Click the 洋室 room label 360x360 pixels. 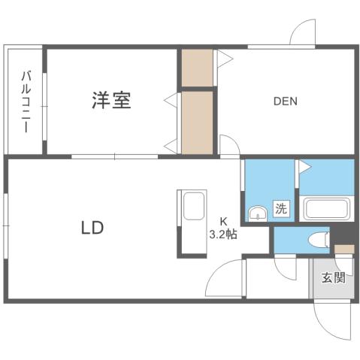112,101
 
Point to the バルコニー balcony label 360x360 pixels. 26,101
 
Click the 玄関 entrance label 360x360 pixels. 334,279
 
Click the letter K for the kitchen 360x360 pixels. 223,221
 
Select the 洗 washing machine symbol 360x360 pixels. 280,210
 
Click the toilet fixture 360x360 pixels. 319,241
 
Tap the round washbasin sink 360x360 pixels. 258,213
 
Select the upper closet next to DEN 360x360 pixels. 198,68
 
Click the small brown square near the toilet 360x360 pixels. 344,248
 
